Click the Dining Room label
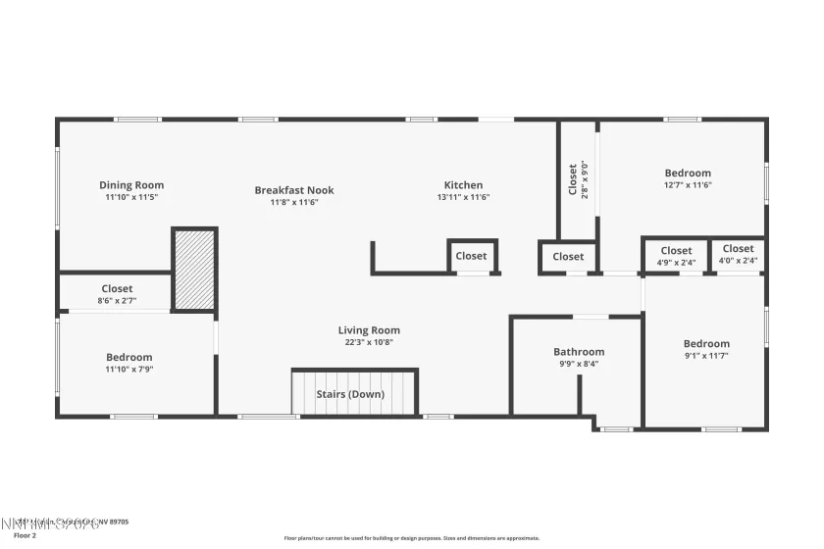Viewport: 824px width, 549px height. [x=131, y=184]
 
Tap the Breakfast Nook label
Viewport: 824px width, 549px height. [x=294, y=190]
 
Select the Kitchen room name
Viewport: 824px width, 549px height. [x=463, y=184]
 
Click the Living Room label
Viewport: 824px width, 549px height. [x=369, y=330]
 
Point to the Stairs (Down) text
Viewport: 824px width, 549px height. [x=350, y=394]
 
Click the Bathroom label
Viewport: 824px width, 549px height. [x=579, y=351]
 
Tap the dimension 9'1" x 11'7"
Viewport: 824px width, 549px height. [x=706, y=356]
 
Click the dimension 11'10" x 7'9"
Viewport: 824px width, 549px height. [x=129, y=370]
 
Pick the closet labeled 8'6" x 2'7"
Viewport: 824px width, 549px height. [x=117, y=301]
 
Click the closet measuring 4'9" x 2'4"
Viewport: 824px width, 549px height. [x=676, y=263]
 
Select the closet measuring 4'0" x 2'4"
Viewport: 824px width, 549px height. [x=739, y=261]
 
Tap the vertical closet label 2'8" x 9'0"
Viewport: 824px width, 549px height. [x=585, y=178]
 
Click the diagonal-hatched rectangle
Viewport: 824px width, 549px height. [x=194, y=270]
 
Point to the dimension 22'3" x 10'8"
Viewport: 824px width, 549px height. [x=369, y=343]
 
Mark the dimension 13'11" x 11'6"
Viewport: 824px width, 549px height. [x=463, y=197]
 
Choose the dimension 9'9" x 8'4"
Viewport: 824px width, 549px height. [x=579, y=364]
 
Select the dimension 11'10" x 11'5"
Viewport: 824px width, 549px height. [x=131, y=197]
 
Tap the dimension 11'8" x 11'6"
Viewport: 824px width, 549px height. [x=294, y=203]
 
